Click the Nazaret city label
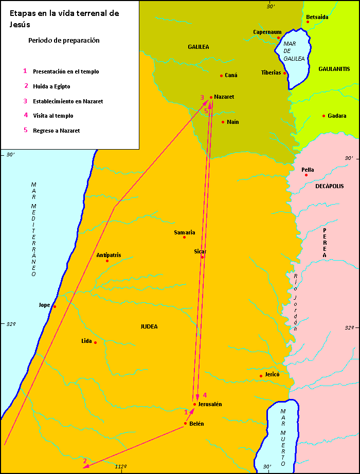[x=224, y=97]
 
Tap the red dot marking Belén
[x=185, y=424]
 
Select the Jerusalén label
[x=210, y=405]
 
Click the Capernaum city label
[x=267, y=32]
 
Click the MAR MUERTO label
[x=282, y=437]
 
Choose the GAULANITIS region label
[x=334, y=69]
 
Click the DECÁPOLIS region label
[x=329, y=186]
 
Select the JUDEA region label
[x=149, y=326]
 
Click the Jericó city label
[x=272, y=375]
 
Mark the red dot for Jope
[x=54, y=307]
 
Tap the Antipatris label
[x=109, y=255]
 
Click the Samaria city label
[x=184, y=232]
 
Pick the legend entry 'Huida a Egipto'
[x=51, y=86]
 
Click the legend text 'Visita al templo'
[x=53, y=116]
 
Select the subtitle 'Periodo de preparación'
[x=64, y=40]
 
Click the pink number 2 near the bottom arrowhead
[x=85, y=461]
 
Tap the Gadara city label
[x=337, y=116]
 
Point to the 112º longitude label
[x=121, y=466]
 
